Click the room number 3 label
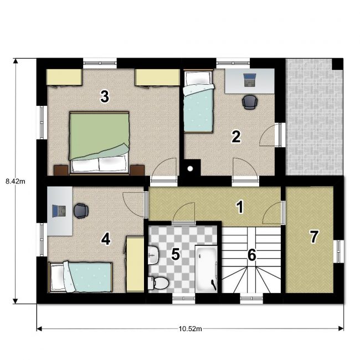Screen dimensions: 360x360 105,96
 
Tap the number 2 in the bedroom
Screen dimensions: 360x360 236,137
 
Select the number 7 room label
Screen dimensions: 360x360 314,236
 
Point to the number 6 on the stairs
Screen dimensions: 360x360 252,255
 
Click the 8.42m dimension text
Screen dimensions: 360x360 16,181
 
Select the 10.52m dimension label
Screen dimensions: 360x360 191,329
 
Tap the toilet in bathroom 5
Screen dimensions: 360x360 158,284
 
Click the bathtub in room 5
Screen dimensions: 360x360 206,269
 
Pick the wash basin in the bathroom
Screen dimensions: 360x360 153,255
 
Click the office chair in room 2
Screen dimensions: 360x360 250,102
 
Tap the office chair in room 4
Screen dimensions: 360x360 81,211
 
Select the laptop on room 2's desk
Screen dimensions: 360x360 250,80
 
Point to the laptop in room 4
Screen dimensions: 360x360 59,211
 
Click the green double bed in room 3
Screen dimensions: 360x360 99,143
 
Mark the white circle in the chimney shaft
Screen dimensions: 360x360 190,169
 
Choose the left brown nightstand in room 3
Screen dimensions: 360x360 61,170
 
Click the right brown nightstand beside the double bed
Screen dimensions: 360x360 137,170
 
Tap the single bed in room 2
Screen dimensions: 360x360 199,101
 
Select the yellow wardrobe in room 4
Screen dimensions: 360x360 135,265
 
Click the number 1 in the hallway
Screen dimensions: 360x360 240,207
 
